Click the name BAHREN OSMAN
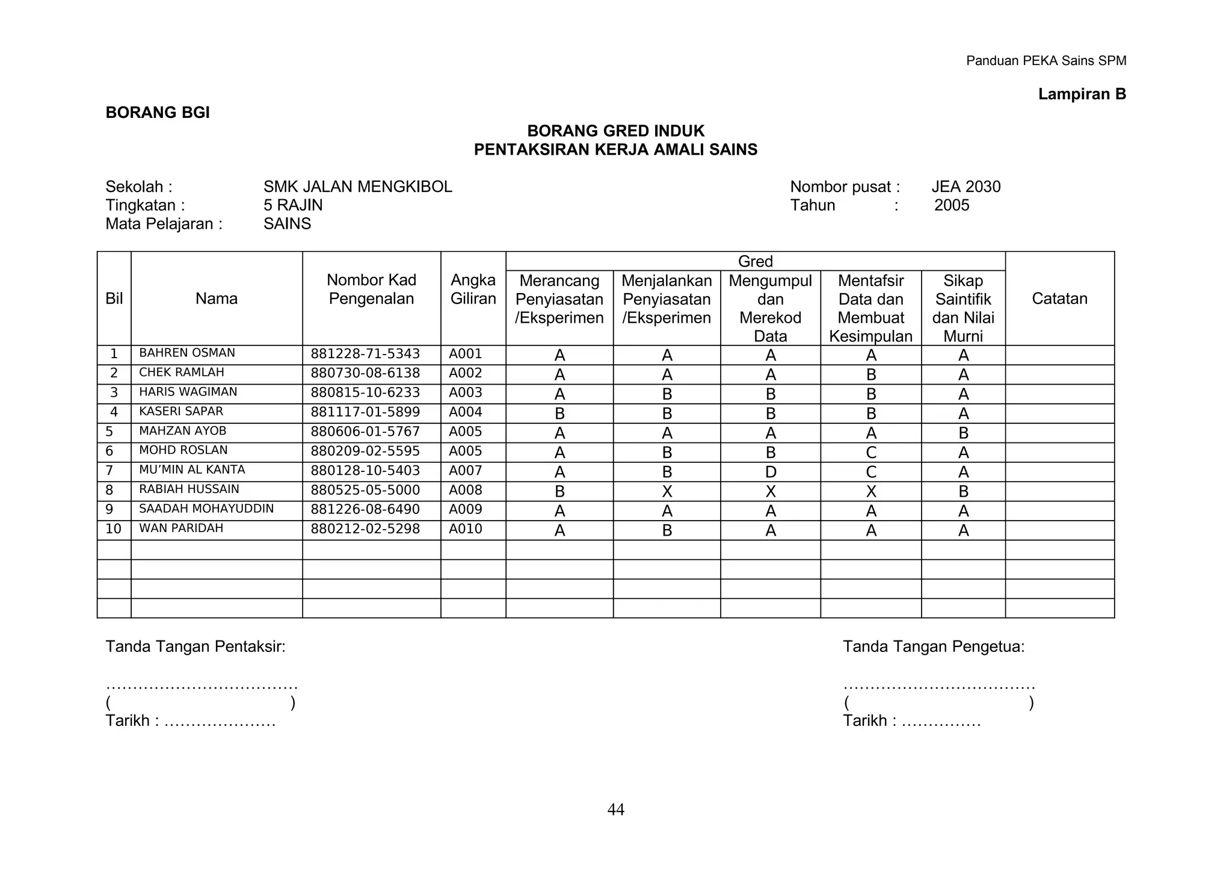[x=187, y=353]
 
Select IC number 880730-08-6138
[x=365, y=373]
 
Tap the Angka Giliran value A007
[x=466, y=471]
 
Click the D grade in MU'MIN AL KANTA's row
[x=771, y=473]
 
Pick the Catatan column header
[x=1059, y=299]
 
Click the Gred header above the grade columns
[x=755, y=261]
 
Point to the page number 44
[x=615, y=810]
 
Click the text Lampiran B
[x=1082, y=94]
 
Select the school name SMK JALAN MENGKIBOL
[x=357, y=187]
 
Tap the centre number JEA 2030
[x=966, y=187]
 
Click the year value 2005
[x=952, y=205]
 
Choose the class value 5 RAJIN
[x=293, y=205]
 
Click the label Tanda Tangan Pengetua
[x=933, y=646]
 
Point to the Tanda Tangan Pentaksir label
[x=196, y=646]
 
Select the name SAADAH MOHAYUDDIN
[x=206, y=509]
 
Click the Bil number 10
[x=113, y=529]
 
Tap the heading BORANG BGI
[x=158, y=113]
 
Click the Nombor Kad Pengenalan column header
[x=371, y=290]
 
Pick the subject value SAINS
[x=287, y=224]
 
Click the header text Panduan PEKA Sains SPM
[x=1046, y=61]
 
